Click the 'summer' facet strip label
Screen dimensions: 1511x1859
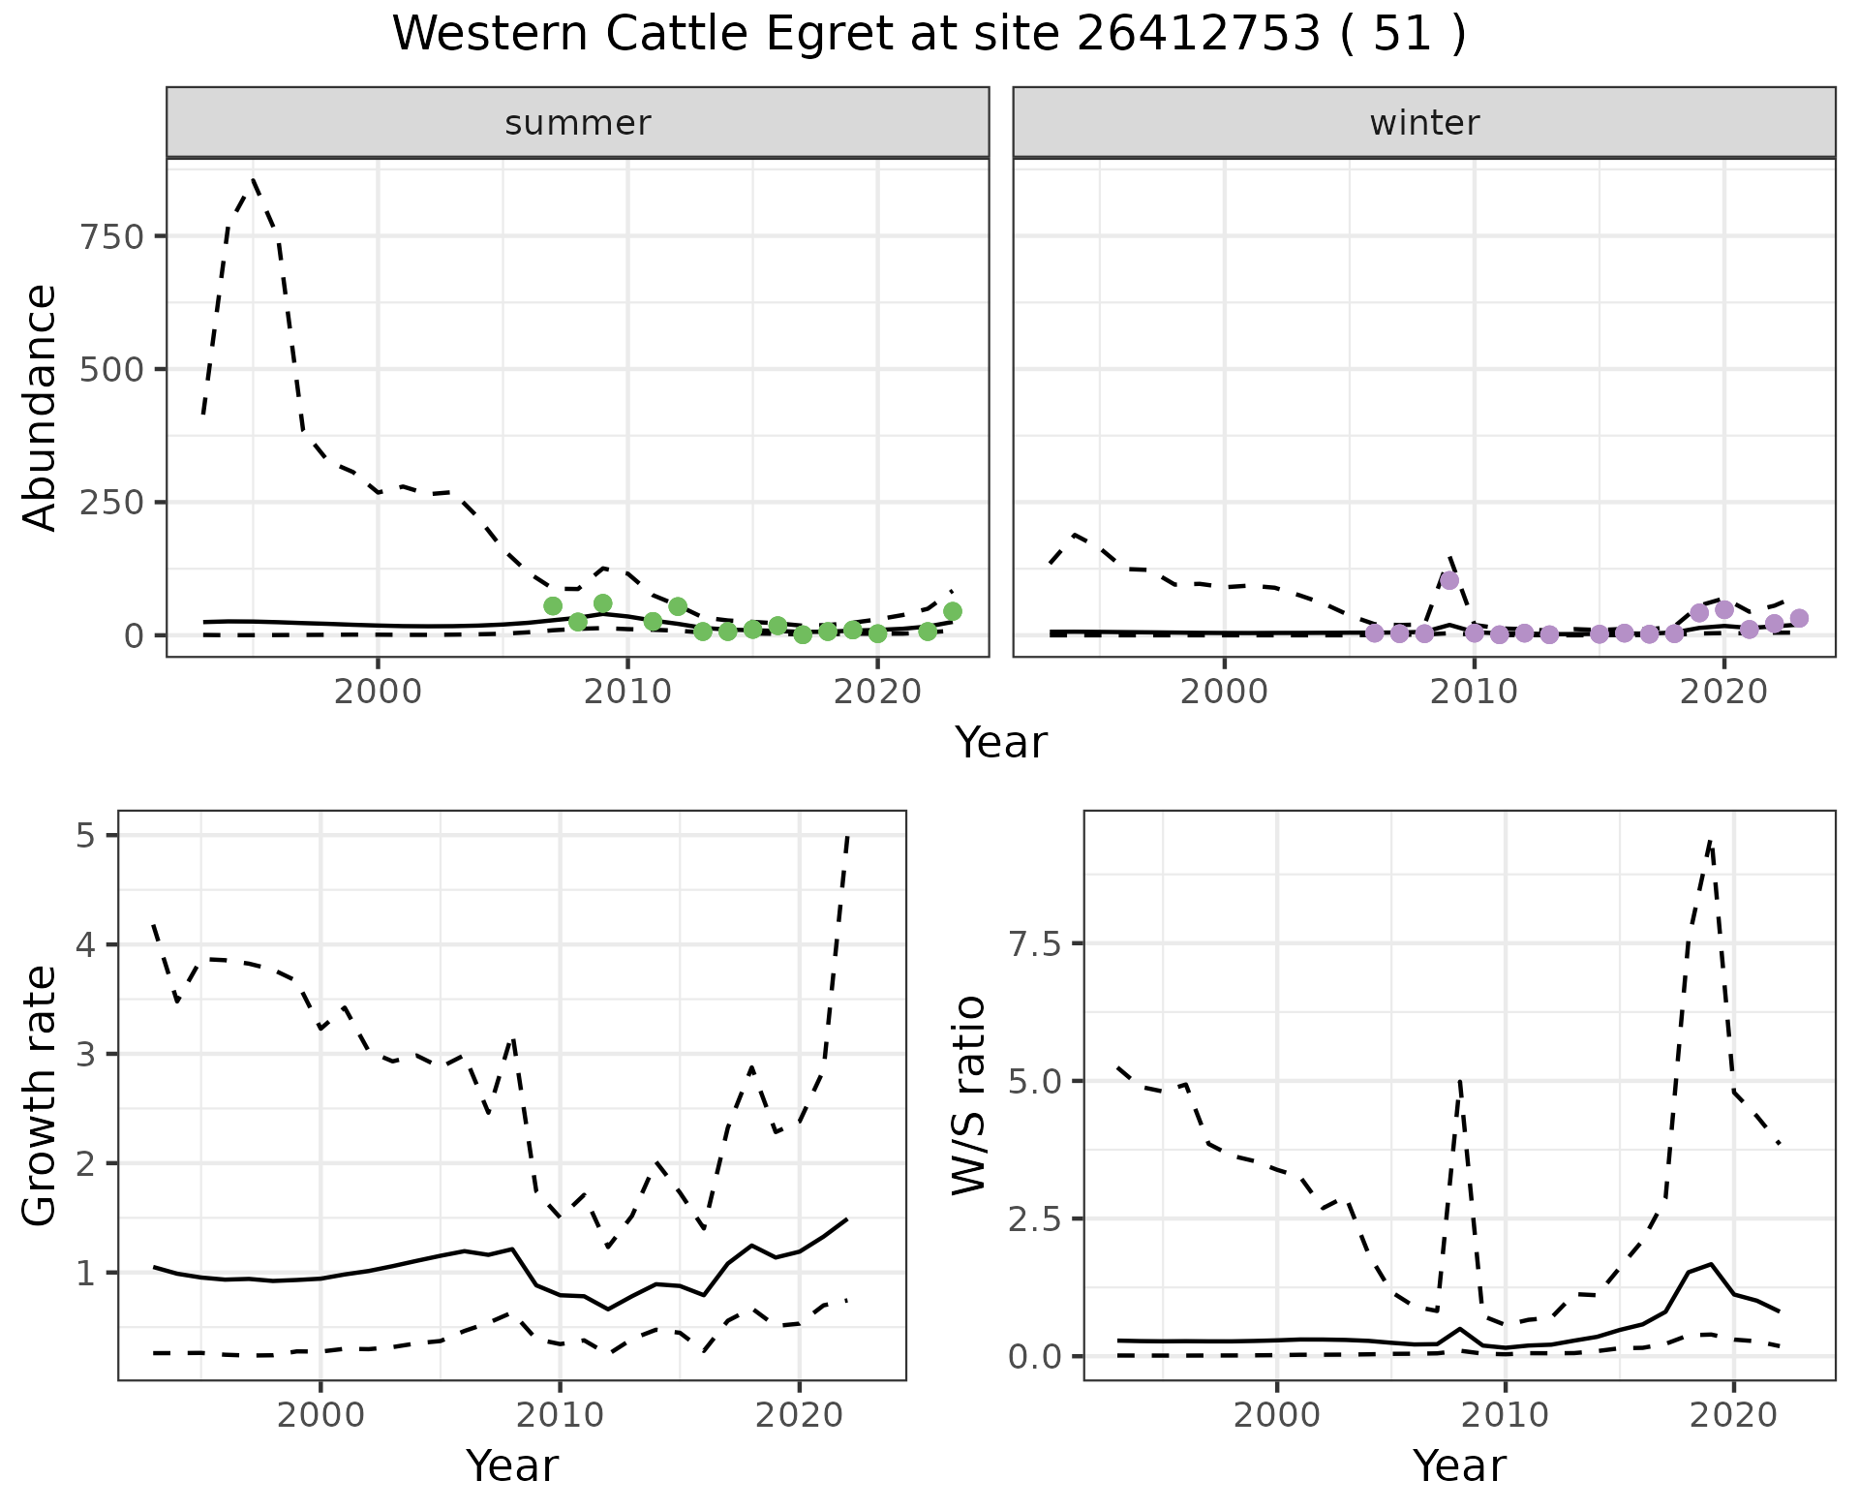tap(578, 123)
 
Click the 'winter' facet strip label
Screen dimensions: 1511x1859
tap(1424, 123)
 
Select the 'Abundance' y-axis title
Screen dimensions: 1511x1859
tap(41, 407)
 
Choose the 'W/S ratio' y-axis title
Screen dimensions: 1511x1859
tap(968, 1095)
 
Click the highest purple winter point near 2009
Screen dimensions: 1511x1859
tap(1449, 580)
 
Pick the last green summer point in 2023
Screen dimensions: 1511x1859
tap(953, 610)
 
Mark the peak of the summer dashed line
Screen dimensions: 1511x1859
tap(254, 179)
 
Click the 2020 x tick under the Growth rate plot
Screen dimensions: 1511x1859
tap(799, 1414)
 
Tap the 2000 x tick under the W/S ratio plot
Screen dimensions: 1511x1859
tap(1277, 1414)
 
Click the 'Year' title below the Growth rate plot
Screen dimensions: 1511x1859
tap(512, 1465)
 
